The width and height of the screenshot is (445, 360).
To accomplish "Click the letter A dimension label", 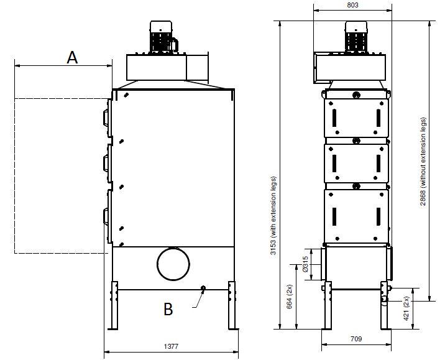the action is click(72, 57).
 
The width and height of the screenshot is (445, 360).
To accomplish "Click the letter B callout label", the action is click(168, 309).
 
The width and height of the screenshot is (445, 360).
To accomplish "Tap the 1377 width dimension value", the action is click(171, 346).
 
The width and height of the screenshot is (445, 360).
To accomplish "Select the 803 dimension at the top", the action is click(352, 5).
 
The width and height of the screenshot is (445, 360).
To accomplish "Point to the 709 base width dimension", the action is click(356, 339).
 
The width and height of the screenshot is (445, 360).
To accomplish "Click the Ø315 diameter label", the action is click(305, 264).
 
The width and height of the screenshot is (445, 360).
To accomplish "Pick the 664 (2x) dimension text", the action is click(289, 297).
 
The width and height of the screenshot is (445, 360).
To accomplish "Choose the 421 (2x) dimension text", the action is click(406, 308).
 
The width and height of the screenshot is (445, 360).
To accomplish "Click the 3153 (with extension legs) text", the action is click(273, 216).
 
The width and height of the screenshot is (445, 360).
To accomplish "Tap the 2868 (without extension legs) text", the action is click(423, 161).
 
